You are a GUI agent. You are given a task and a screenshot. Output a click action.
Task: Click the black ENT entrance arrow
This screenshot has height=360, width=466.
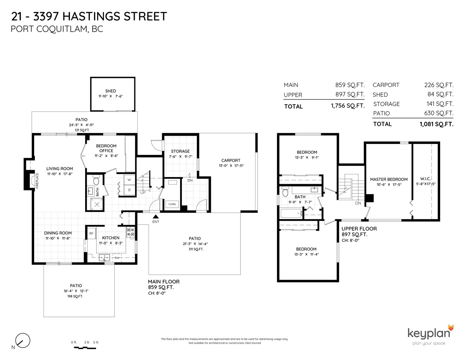156,216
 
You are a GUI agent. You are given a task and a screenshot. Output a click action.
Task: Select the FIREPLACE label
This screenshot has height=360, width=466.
37,181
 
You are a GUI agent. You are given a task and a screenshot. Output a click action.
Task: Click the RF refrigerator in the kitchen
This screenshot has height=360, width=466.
91,233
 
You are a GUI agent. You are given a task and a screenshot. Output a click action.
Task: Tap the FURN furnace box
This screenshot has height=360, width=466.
172,204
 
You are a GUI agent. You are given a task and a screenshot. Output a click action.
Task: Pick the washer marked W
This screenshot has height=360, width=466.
129,180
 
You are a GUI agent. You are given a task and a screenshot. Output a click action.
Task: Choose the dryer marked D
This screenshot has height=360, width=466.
129,190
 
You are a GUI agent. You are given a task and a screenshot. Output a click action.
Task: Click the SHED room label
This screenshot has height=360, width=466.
110,91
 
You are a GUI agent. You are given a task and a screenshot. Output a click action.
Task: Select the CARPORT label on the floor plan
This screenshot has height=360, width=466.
231,160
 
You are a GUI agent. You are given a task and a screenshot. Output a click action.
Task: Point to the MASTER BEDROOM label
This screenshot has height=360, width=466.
389,179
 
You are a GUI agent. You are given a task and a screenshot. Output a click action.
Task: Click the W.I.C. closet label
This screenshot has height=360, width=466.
425,178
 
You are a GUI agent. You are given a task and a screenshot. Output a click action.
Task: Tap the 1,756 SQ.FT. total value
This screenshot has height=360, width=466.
347,106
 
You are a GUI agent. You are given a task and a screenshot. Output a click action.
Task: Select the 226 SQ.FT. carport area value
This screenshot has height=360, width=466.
439,85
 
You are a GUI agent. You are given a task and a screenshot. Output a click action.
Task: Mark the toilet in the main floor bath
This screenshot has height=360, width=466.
96,181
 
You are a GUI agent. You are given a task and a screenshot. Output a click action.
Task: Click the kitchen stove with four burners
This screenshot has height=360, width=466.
131,232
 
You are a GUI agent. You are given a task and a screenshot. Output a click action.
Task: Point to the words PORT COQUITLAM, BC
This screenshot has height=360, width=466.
57,29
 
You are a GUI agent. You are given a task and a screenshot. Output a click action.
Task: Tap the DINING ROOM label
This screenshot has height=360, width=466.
58,233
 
